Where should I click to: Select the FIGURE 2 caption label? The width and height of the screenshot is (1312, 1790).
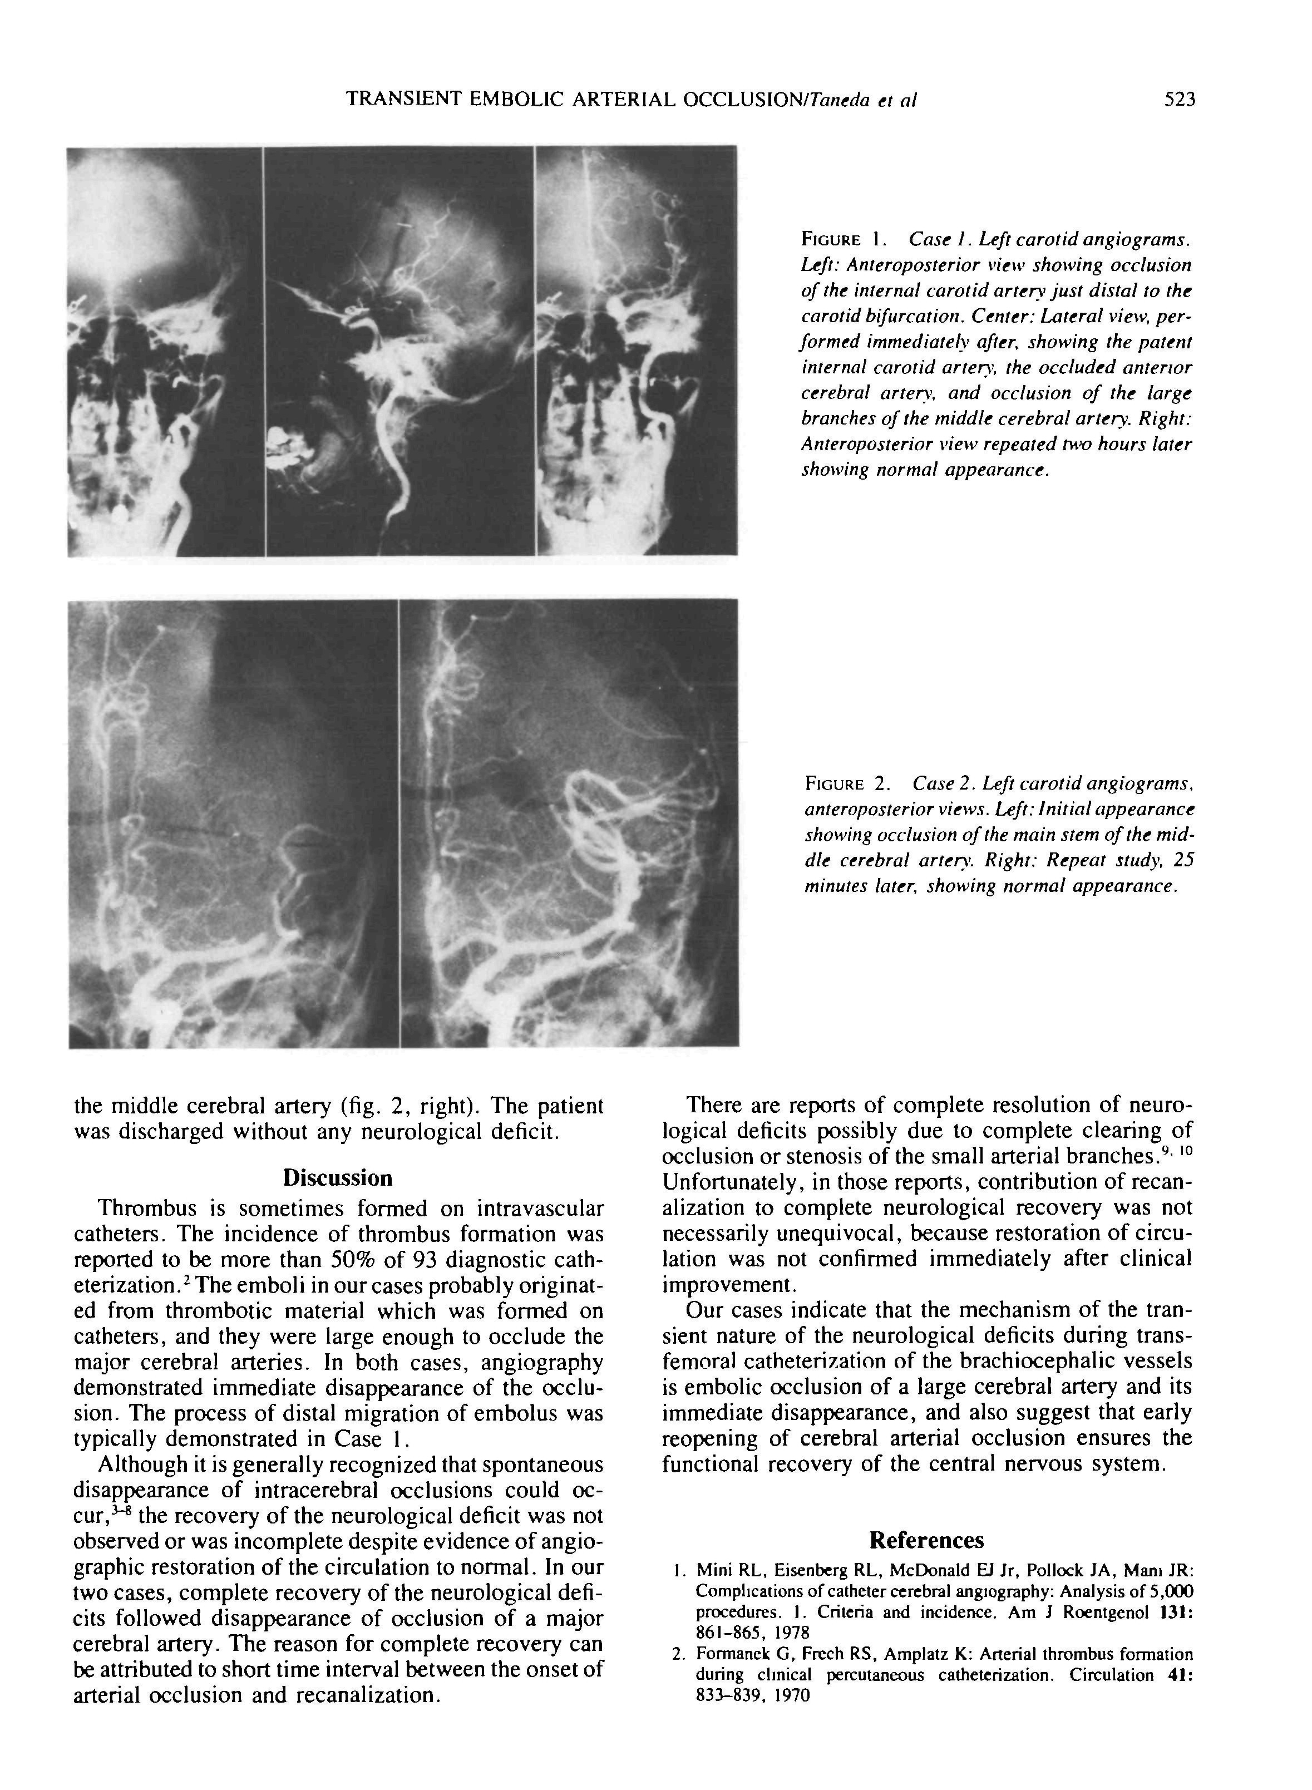click(x=844, y=785)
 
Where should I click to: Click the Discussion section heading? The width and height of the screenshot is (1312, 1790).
click(x=338, y=1178)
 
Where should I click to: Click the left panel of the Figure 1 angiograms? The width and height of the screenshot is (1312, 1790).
click(x=164, y=351)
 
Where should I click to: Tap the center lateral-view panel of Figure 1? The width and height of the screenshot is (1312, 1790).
click(x=399, y=351)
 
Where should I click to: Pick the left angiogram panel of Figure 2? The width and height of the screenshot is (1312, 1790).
click(x=233, y=823)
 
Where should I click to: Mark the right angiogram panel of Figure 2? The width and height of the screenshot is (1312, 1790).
click(x=569, y=823)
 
